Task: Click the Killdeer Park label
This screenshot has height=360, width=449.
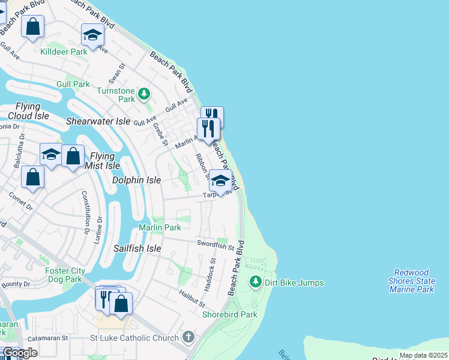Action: click(63, 52)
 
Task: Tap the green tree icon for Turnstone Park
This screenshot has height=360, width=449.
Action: click(143, 94)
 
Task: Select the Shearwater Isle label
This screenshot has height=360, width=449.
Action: click(98, 121)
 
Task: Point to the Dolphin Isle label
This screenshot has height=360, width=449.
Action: click(137, 180)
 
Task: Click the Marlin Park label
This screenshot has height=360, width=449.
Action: click(160, 227)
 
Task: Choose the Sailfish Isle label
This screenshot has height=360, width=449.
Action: click(137, 248)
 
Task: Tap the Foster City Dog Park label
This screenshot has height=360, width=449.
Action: click(64, 275)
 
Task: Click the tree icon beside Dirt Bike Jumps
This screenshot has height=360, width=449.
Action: click(256, 282)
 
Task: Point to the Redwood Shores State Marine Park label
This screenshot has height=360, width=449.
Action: click(413, 281)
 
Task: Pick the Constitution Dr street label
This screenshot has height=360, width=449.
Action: click(85, 212)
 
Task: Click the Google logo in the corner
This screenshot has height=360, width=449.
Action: click(19, 353)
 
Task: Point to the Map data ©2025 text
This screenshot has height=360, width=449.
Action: click(423, 355)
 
